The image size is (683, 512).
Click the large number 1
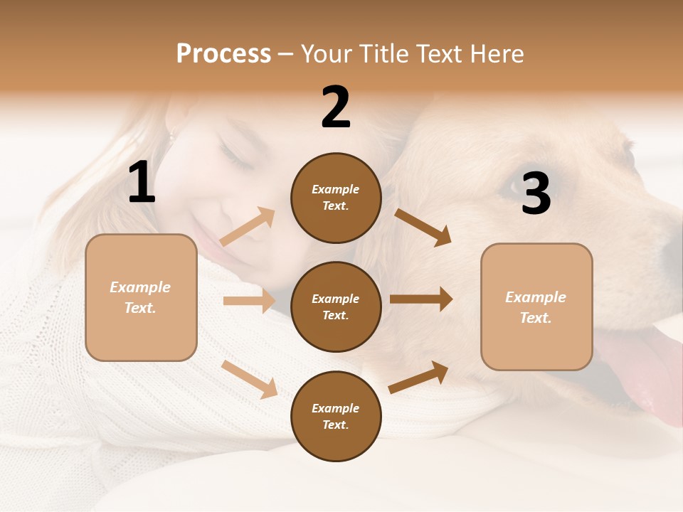click(142, 183)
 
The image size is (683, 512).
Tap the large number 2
click(336, 107)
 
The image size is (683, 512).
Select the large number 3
click(536, 193)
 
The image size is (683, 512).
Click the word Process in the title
click(223, 53)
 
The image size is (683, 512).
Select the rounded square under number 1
click(141, 297)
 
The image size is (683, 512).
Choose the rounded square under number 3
click(536, 307)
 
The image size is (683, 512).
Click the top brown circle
click(336, 198)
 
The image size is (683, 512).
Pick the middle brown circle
click(336, 306)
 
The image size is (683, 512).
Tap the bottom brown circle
click(336, 416)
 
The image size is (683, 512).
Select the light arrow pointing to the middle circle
click(249, 301)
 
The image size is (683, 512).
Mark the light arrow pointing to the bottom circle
click(250, 379)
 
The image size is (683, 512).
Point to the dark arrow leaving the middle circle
click(421, 299)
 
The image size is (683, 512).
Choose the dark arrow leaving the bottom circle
click(418, 377)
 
